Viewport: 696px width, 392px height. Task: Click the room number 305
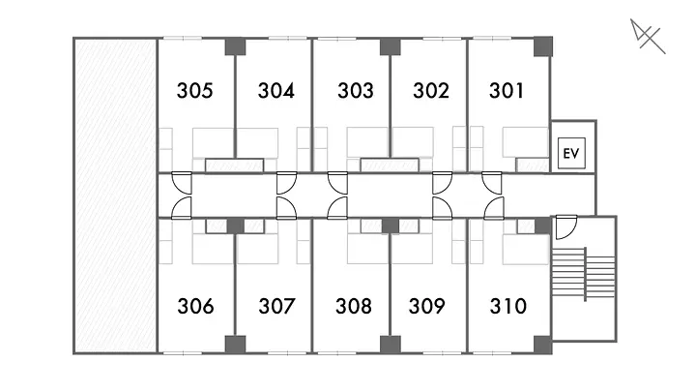click(195, 92)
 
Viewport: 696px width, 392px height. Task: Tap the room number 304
click(275, 92)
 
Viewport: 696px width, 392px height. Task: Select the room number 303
click(356, 92)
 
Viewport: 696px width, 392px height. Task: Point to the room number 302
click(430, 92)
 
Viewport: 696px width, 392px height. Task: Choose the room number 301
click(507, 92)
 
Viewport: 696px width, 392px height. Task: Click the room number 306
click(195, 307)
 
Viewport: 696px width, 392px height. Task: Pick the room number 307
click(275, 307)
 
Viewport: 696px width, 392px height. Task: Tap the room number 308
click(354, 307)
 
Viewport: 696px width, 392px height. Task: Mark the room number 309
click(426, 307)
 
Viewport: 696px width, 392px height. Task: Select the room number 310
click(508, 307)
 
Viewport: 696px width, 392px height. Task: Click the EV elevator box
click(570, 154)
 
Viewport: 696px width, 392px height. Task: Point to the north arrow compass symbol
click(647, 38)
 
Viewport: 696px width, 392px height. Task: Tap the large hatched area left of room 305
click(115, 195)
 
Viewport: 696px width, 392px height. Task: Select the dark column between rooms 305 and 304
click(235, 46)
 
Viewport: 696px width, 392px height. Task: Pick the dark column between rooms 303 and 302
click(390, 46)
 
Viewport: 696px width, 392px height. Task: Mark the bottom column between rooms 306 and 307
click(235, 345)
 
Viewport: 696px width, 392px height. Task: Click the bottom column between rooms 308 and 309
click(390, 345)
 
